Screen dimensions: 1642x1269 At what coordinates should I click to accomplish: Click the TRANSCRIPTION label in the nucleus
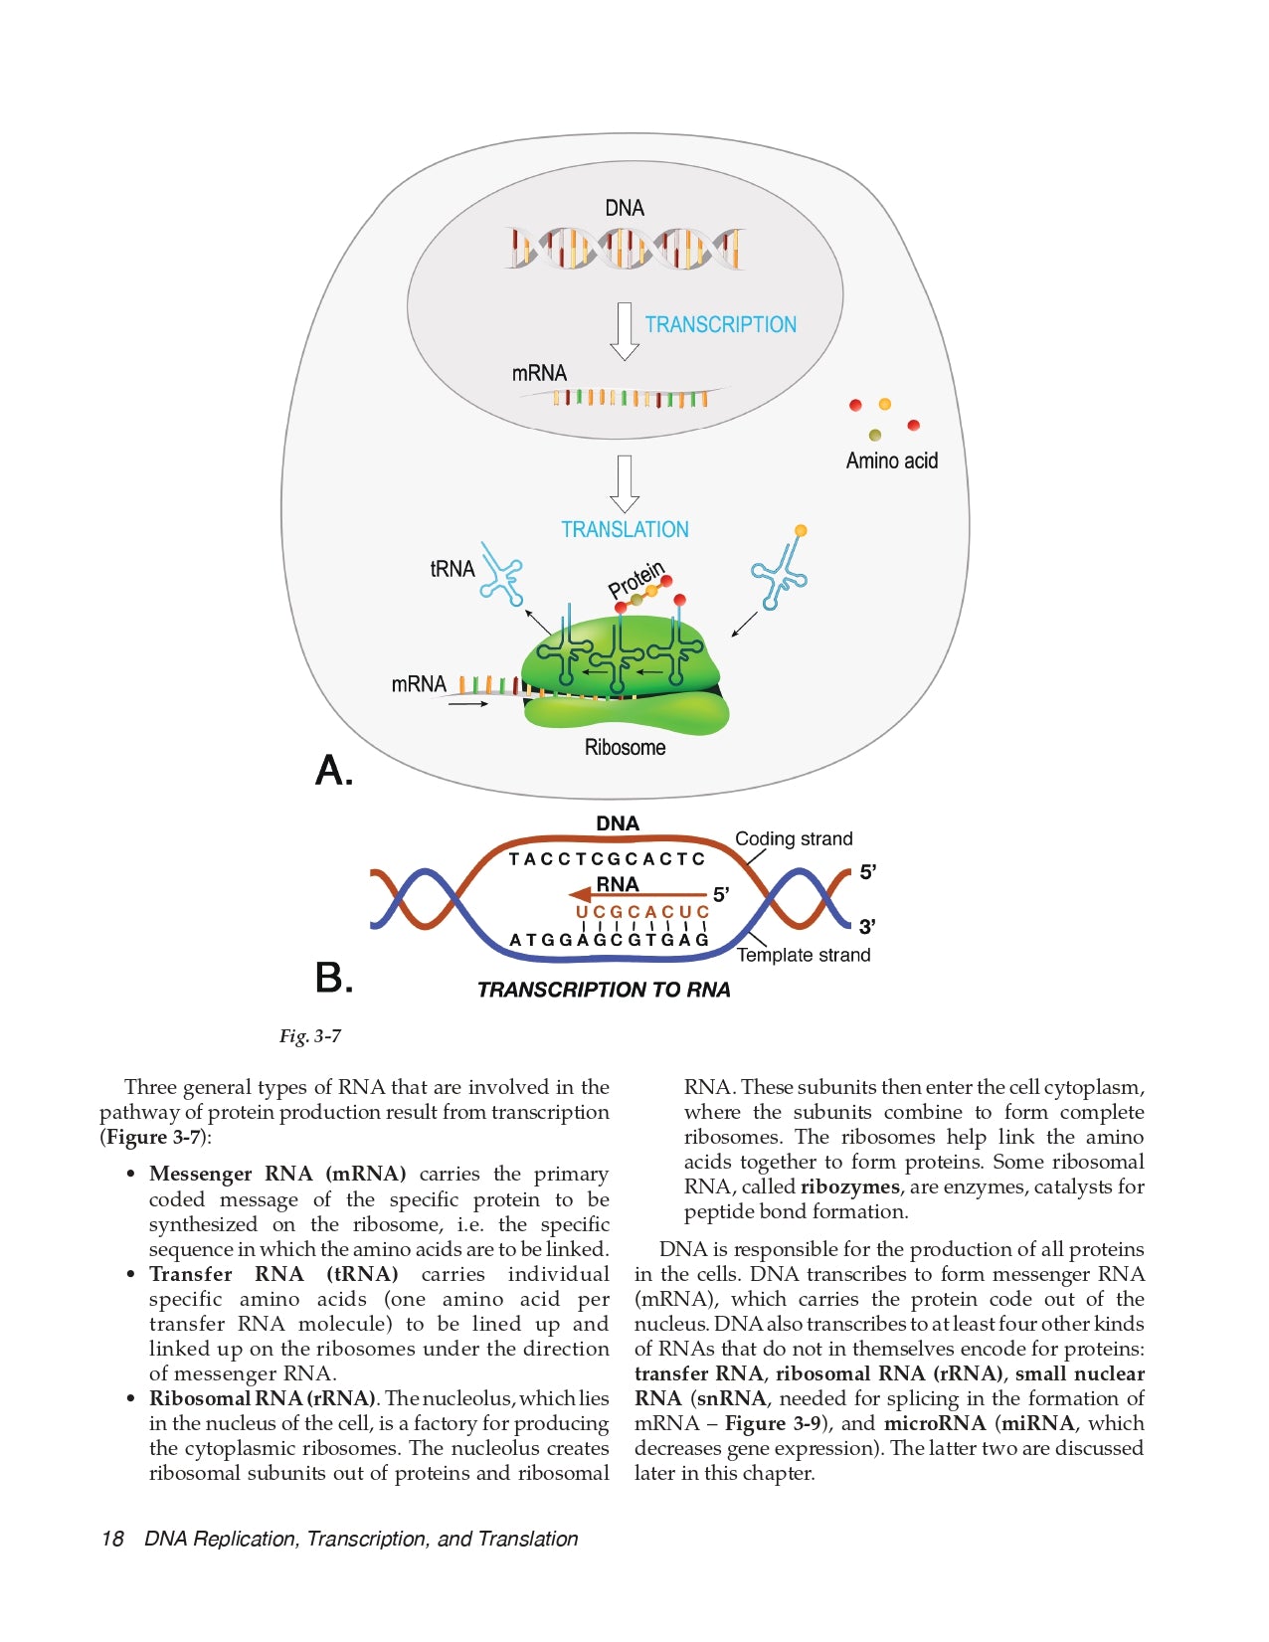pos(720,324)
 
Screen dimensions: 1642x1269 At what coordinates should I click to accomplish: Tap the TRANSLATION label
pos(625,529)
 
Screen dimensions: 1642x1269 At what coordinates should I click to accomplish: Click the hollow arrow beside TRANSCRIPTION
pos(624,330)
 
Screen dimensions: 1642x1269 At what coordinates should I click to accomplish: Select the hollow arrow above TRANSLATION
pos(624,483)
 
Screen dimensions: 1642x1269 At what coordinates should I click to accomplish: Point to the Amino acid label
pos(891,460)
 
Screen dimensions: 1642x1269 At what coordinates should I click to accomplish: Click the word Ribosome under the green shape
pos(625,747)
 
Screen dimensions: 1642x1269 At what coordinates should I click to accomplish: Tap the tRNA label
pos(453,569)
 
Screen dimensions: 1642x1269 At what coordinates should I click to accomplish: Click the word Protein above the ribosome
pos(635,580)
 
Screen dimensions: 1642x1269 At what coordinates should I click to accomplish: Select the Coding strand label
pos(794,838)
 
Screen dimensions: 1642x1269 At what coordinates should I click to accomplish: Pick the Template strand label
pos(804,955)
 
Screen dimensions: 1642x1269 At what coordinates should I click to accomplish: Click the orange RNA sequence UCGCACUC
pos(642,912)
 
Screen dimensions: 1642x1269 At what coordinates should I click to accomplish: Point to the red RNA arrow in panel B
pos(636,895)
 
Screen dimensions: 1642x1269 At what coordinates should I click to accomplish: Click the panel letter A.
pos(333,771)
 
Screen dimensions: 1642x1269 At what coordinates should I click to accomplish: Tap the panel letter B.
pos(333,978)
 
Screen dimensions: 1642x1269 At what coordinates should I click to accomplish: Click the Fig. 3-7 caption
pos(310,1036)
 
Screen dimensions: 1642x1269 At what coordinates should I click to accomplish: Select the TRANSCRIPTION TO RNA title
pos(604,990)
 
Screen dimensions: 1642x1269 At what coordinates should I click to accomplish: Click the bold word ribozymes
pos(849,1186)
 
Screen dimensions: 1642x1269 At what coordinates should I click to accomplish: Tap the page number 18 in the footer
pos(112,1539)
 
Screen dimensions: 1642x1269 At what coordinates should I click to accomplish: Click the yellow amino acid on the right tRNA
pos(801,531)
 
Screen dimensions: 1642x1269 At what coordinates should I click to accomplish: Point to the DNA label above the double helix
pos(625,208)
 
